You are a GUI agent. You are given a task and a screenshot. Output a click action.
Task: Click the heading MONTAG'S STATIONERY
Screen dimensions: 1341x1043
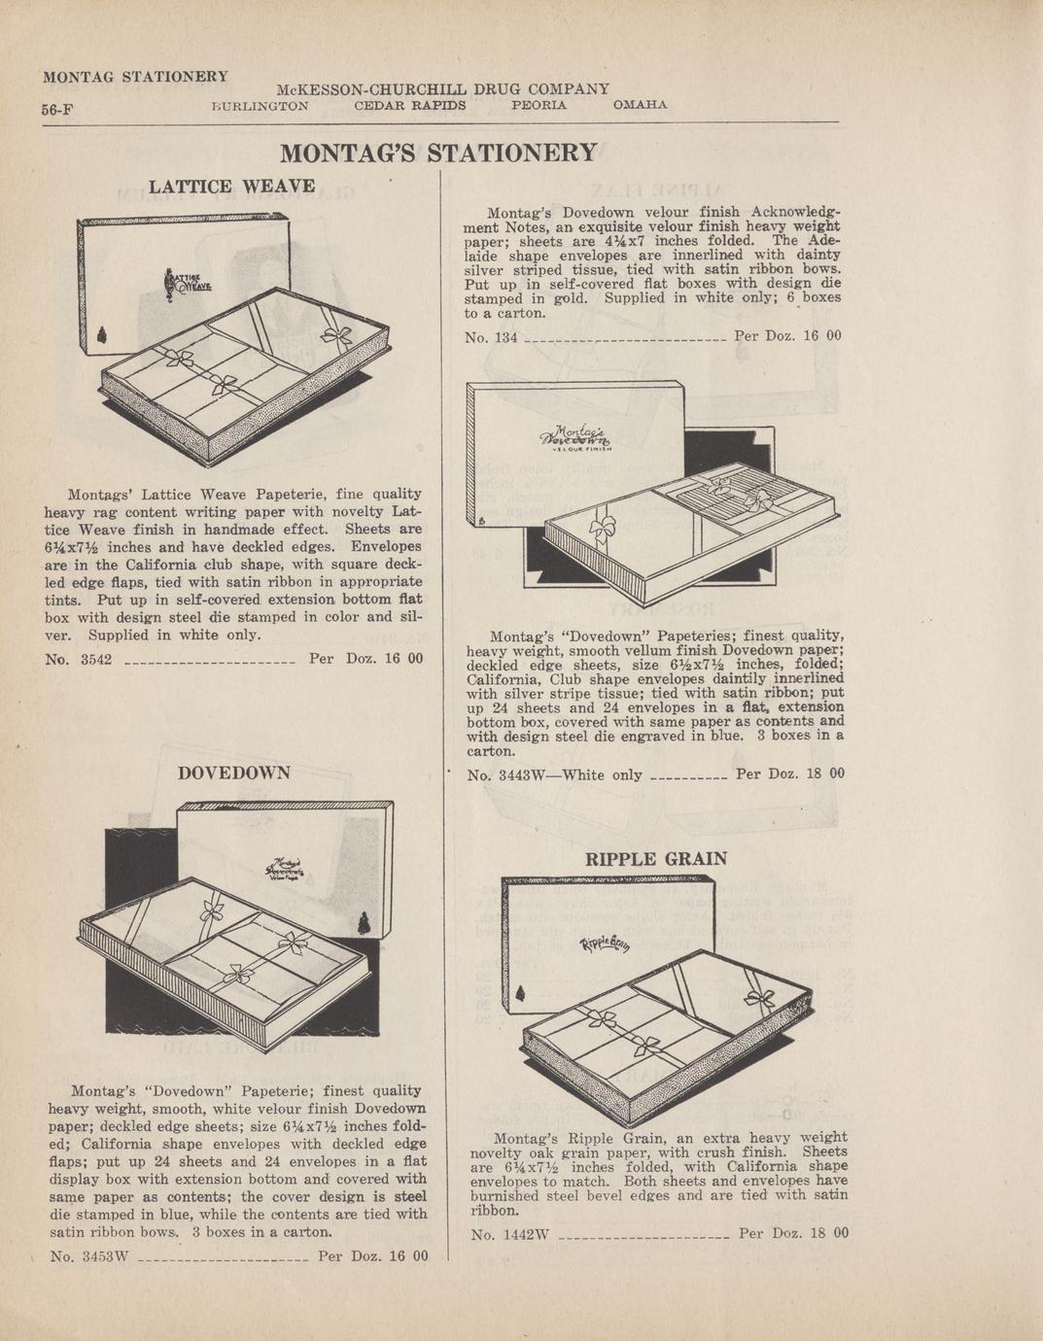(x=438, y=154)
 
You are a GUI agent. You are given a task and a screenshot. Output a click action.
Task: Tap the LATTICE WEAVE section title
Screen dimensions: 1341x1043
(x=231, y=186)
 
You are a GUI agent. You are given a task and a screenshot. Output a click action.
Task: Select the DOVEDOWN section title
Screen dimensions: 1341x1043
(x=234, y=773)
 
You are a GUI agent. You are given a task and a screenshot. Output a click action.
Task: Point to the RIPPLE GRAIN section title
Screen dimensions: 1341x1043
(x=656, y=858)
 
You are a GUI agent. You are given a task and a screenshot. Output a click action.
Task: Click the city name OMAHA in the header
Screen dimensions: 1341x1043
(x=640, y=105)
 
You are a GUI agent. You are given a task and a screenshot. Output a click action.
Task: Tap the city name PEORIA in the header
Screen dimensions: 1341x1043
(x=539, y=105)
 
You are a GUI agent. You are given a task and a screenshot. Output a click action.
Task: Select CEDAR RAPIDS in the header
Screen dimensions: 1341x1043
(x=410, y=105)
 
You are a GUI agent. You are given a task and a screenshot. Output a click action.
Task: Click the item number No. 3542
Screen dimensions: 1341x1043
(x=79, y=659)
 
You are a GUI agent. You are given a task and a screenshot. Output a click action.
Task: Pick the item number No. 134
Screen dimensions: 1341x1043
(x=491, y=337)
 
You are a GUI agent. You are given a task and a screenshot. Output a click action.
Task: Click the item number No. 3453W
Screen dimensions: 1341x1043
(x=89, y=1256)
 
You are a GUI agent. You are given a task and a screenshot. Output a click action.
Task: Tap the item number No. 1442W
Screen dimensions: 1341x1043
(x=510, y=1234)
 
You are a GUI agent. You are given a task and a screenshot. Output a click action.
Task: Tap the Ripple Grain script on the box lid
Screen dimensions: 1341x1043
(x=605, y=944)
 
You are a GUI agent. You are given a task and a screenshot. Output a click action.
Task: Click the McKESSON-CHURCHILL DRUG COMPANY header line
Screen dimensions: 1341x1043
(x=443, y=89)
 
